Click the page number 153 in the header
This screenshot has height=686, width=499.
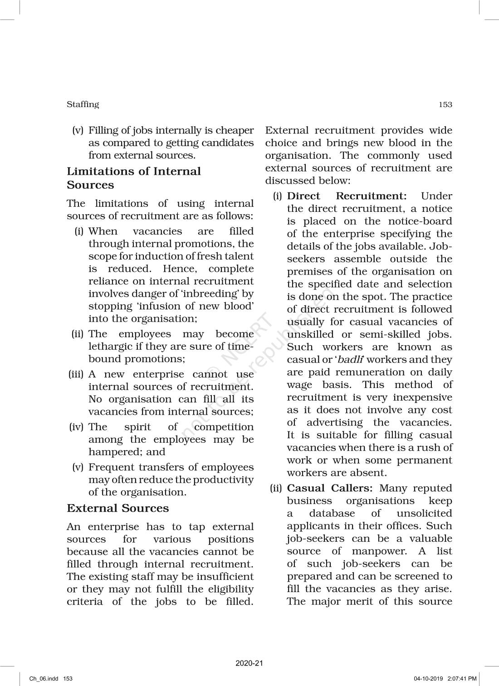(445, 105)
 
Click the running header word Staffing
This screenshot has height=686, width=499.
(83, 104)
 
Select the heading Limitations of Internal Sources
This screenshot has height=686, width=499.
(133, 178)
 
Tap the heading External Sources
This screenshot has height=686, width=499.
(117, 508)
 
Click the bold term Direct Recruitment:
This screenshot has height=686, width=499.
(347, 196)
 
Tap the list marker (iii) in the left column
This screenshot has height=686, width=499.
(76, 374)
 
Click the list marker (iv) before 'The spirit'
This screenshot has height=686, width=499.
(77, 427)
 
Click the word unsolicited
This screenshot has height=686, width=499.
(424, 514)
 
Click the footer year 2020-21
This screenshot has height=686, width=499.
(249, 663)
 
